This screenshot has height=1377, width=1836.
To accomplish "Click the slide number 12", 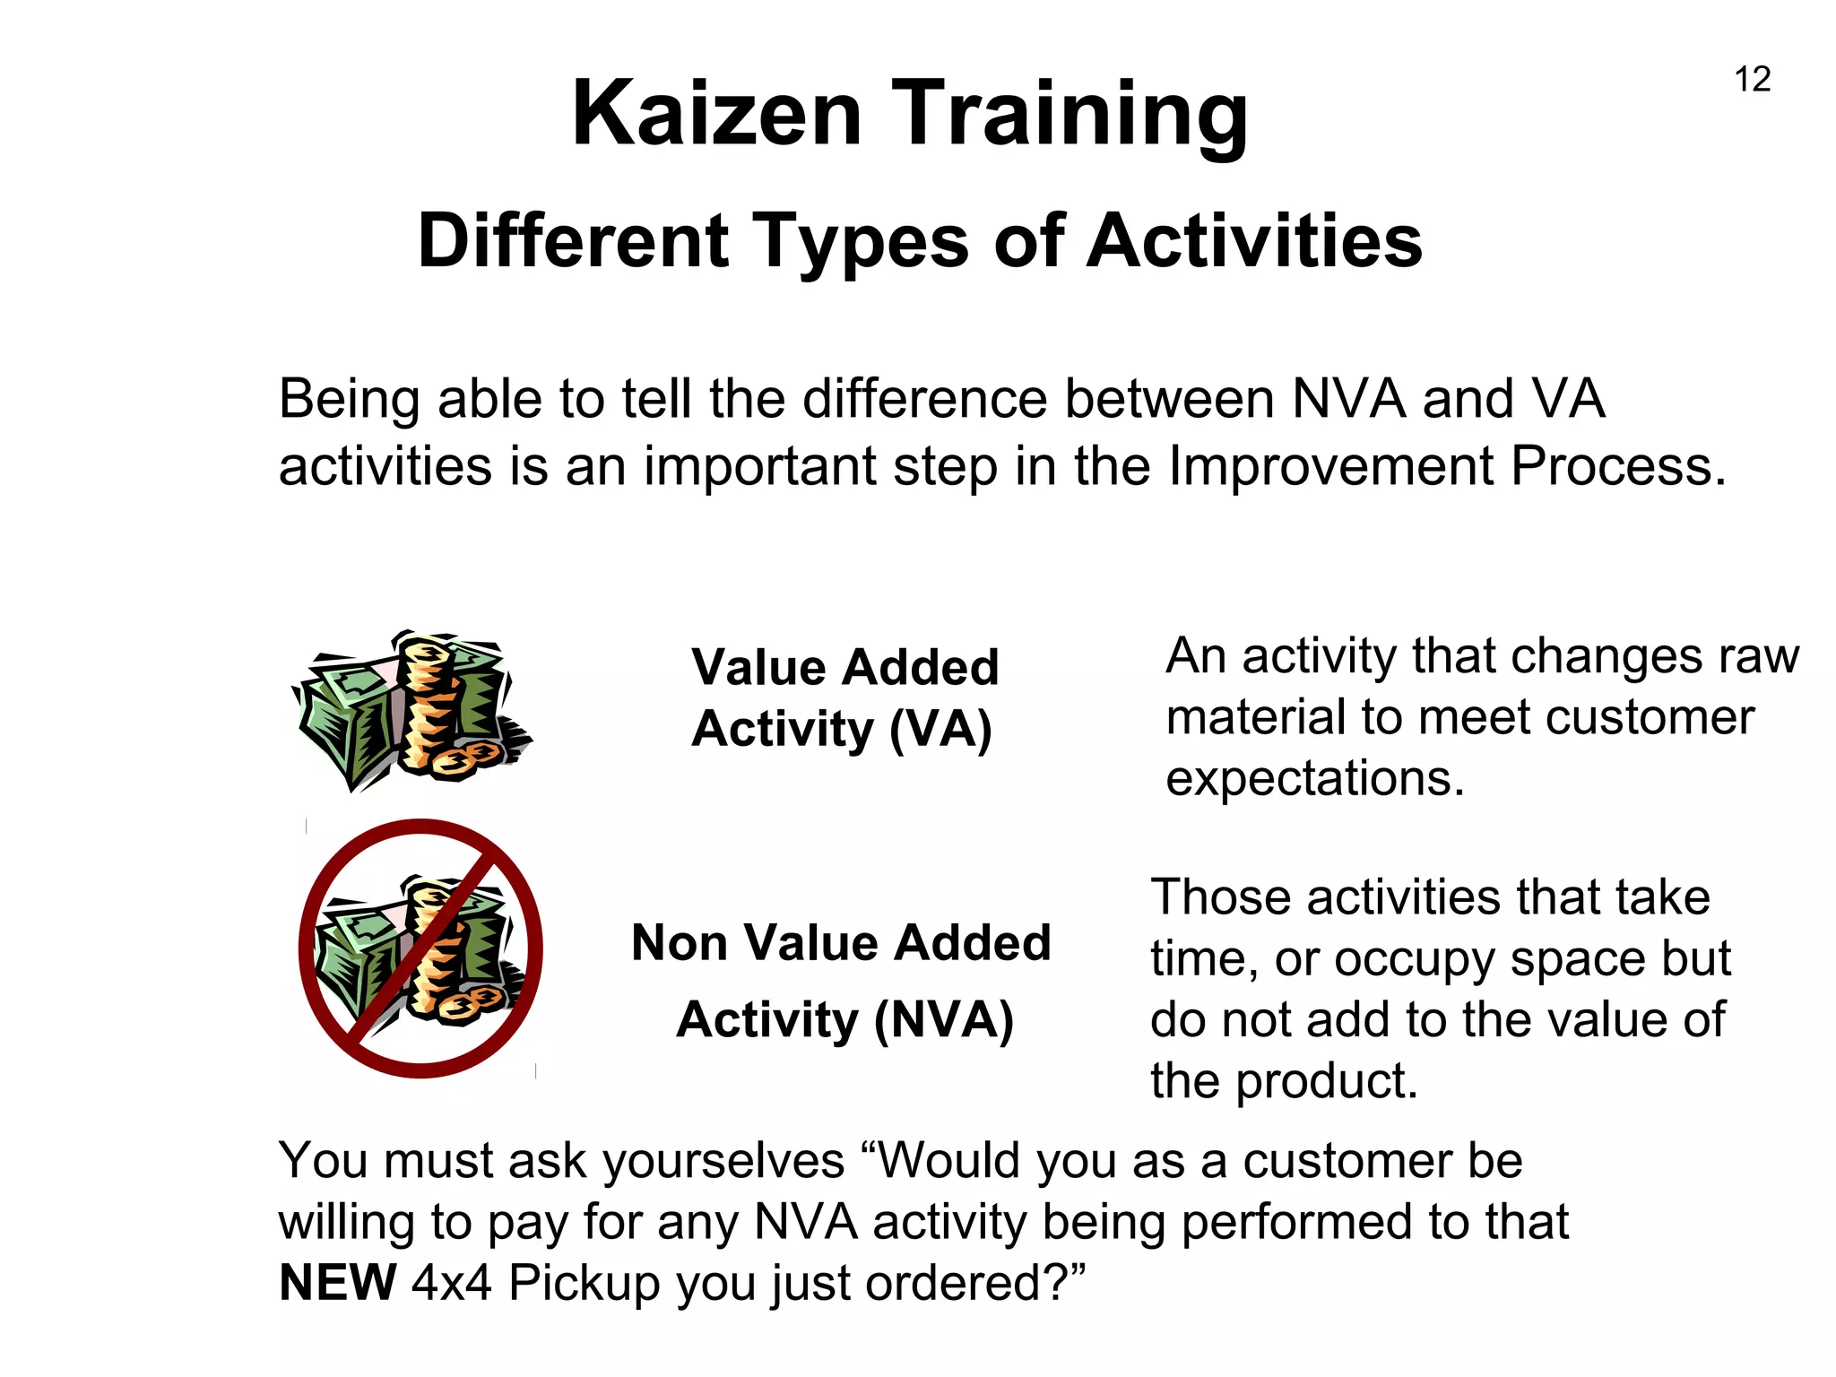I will [x=1753, y=79].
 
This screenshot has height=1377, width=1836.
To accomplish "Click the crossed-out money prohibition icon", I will [x=420, y=948].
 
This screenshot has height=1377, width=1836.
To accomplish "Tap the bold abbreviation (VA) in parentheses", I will [x=940, y=729].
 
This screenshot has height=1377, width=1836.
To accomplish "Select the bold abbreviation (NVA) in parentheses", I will [x=943, y=1020].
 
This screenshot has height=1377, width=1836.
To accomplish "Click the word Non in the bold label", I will [x=680, y=943].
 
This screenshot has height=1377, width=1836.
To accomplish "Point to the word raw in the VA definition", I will [x=1758, y=656].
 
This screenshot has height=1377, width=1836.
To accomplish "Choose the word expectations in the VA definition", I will [x=1314, y=778].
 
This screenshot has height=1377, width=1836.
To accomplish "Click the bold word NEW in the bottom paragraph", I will [x=338, y=1283].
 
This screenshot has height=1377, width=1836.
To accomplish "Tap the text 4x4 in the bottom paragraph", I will [x=452, y=1283].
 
